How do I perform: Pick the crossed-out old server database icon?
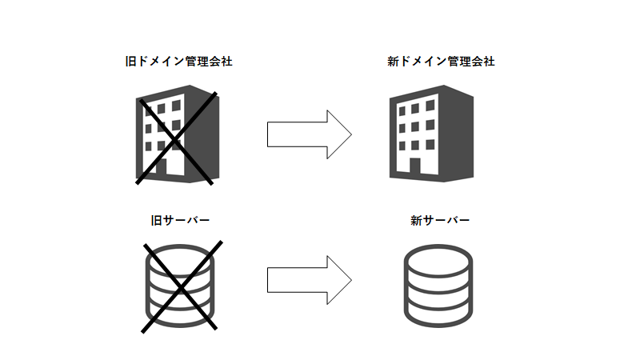click(x=179, y=285)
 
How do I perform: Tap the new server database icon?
click(x=438, y=285)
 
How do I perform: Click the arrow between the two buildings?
click(x=309, y=134)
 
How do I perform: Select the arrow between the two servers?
click(x=309, y=280)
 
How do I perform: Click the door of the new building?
click(x=414, y=168)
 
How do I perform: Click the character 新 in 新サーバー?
click(x=415, y=220)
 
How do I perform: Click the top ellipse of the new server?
click(x=438, y=261)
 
